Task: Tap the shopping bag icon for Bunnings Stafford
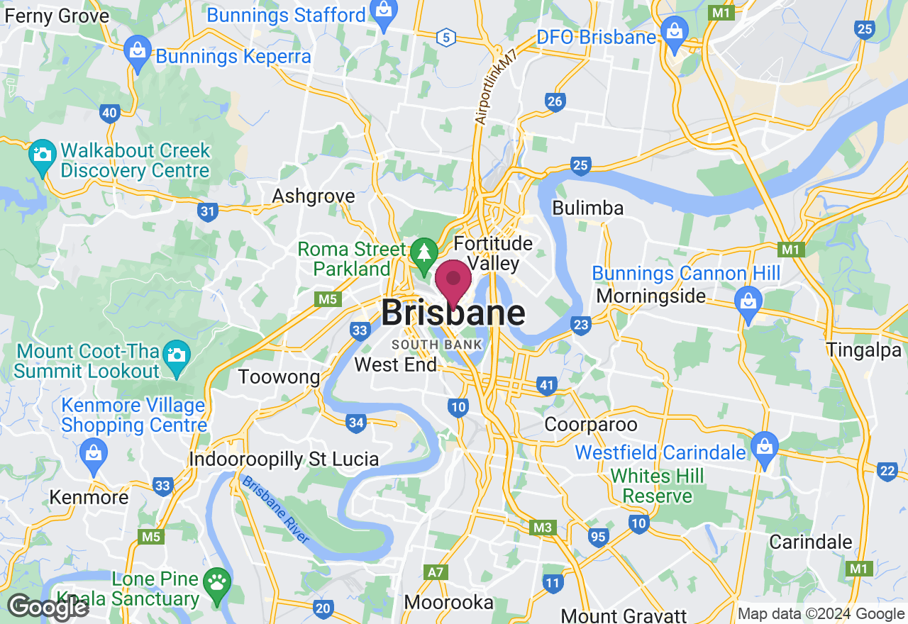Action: pyautogui.click(x=384, y=13)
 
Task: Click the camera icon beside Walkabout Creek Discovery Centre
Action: pyautogui.click(x=42, y=155)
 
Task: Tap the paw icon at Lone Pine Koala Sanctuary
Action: pyautogui.click(x=216, y=584)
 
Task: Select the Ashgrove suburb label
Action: pyautogui.click(x=314, y=196)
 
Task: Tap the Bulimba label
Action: pyautogui.click(x=587, y=208)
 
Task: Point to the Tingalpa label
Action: pyautogui.click(x=863, y=350)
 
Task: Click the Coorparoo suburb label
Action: pyautogui.click(x=591, y=424)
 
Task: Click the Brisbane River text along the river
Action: pyautogui.click(x=275, y=509)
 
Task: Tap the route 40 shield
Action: pyautogui.click(x=109, y=112)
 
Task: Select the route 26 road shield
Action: pyautogui.click(x=555, y=101)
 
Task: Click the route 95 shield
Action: pyautogui.click(x=598, y=537)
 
